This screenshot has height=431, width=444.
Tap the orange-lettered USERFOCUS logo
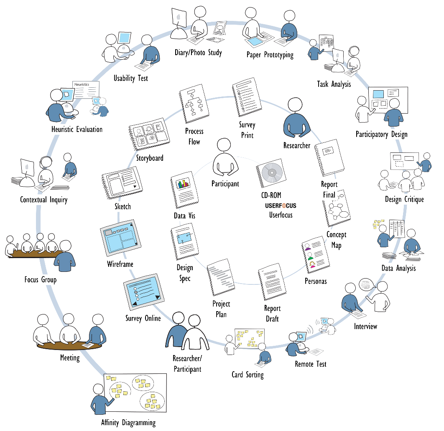point(281,205)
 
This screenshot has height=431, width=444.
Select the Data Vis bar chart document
point(184,191)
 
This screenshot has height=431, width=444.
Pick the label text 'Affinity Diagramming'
point(128,422)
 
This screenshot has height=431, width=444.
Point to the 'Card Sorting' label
point(248,374)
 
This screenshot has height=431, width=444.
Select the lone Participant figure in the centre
point(225,159)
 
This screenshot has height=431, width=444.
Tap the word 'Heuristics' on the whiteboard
point(82,84)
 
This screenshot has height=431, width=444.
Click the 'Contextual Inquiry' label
point(43,200)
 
